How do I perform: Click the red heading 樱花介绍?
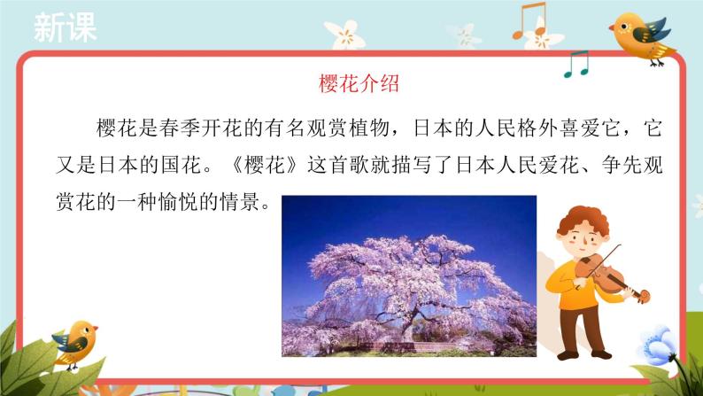click(359, 84)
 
